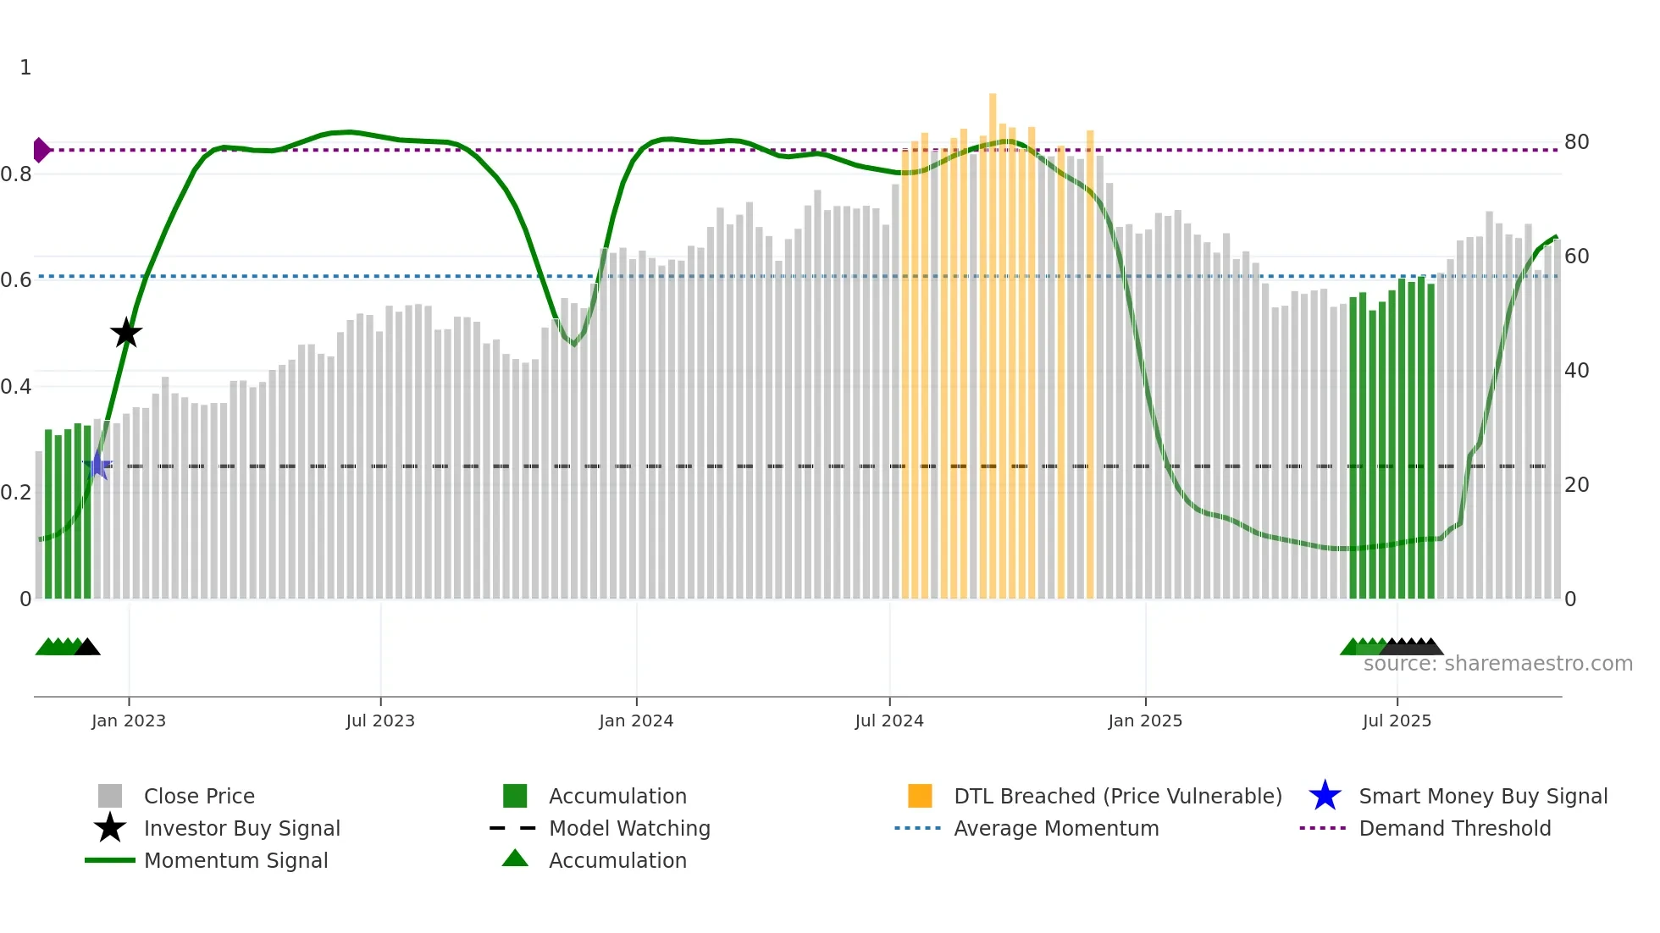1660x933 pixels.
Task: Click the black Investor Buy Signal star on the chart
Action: [126, 333]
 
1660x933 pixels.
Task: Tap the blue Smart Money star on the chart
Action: [97, 465]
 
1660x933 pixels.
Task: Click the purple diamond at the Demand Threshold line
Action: [41, 150]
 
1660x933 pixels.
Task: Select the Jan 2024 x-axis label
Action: [636, 720]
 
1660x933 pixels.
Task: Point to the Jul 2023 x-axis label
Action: [380, 720]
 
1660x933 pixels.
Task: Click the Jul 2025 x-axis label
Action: [1397, 720]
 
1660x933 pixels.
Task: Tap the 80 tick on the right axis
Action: [1576, 141]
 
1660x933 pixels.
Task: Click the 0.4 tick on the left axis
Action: [15, 386]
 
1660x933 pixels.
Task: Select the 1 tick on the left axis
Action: [25, 67]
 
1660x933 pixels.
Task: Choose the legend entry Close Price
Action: [199, 796]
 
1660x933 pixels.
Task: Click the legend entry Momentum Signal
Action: [235, 860]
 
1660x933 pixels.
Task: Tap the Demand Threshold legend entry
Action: [1454, 828]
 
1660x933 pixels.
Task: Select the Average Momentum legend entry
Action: [1055, 828]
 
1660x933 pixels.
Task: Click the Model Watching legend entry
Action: [628, 828]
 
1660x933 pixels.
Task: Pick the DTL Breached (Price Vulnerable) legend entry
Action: [1117, 796]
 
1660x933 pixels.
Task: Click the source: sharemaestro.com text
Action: [1497, 663]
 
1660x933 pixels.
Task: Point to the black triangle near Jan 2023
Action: [87, 647]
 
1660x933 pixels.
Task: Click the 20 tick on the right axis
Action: [1576, 484]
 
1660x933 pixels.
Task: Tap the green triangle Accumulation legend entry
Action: [617, 860]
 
